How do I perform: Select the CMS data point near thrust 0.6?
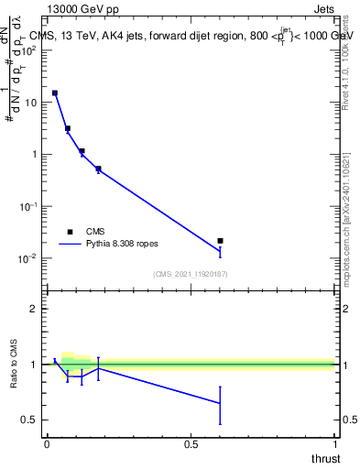tap(221, 241)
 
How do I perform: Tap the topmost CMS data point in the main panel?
tap(55, 93)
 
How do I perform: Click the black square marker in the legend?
tap(70, 232)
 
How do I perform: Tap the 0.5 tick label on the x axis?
tap(191, 445)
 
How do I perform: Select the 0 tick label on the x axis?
tap(47, 445)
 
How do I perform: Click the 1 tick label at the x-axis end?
tap(334, 445)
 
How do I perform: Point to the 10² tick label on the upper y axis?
tap(29, 50)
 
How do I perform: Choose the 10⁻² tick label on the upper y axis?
tap(29, 258)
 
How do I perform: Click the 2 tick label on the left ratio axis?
tap(34, 309)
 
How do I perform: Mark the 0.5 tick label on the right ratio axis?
tap(350, 420)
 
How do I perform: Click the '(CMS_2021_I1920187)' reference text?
tap(191, 274)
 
